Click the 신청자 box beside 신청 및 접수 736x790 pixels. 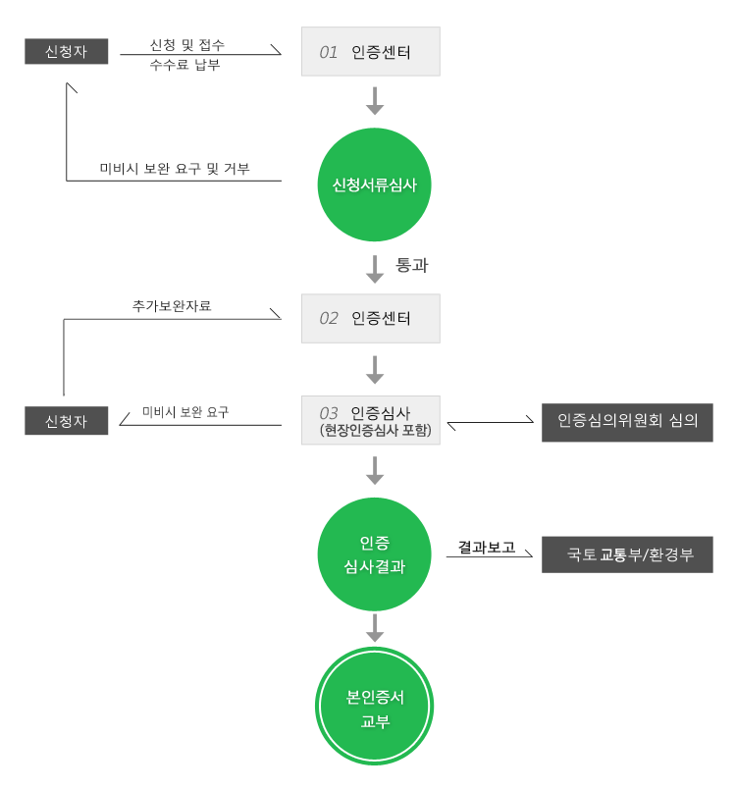[x=66, y=51]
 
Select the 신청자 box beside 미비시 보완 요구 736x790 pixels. [x=66, y=421]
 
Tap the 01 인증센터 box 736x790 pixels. [x=371, y=51]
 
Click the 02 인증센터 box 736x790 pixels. [x=371, y=318]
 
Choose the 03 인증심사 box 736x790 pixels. [x=371, y=420]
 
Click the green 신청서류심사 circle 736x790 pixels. [x=374, y=184]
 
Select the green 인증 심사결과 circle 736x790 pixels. [x=374, y=554]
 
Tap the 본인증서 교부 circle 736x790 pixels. [x=374, y=707]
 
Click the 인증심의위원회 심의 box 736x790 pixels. [x=627, y=422]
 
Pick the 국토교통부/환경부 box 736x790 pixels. [x=627, y=554]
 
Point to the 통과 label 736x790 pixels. [x=411, y=265]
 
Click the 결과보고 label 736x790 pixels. [x=486, y=547]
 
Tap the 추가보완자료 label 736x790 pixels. [x=172, y=306]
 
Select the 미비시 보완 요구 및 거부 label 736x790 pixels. [x=175, y=168]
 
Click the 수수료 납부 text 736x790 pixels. [x=184, y=65]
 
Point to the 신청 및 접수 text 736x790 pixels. [x=186, y=45]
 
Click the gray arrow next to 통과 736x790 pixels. [x=375, y=269]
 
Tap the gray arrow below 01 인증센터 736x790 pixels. [x=375, y=101]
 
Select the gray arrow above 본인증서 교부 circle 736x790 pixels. [x=375, y=628]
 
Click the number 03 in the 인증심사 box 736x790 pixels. [x=329, y=413]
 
